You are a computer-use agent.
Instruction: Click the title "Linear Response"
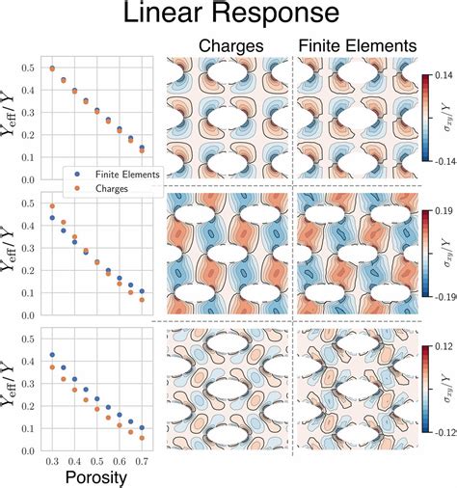(x=228, y=16)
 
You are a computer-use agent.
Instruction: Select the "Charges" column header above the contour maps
(x=227, y=45)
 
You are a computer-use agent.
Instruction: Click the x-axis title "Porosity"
(x=94, y=476)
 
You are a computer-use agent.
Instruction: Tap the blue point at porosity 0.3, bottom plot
(x=51, y=355)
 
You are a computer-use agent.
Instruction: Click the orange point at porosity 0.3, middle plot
(x=51, y=206)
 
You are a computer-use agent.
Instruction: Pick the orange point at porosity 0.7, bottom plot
(x=142, y=438)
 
